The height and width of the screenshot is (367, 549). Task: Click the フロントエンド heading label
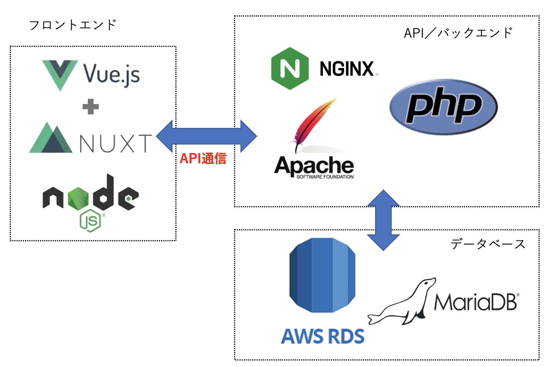click(x=73, y=25)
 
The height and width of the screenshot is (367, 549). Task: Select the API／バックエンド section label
click(x=458, y=33)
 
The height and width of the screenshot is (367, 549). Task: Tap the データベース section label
click(x=488, y=244)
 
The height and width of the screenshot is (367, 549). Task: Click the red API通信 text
click(x=203, y=158)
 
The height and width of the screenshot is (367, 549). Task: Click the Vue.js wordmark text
click(x=111, y=74)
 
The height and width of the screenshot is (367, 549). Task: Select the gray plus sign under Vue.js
click(x=90, y=107)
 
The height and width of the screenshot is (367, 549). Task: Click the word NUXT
click(x=115, y=143)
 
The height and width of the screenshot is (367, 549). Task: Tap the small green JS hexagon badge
click(x=90, y=221)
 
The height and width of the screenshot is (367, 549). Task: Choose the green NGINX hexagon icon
click(x=290, y=68)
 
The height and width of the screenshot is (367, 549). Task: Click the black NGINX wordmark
click(x=347, y=69)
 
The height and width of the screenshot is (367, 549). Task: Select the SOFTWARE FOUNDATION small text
click(x=325, y=177)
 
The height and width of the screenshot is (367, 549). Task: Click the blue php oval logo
click(x=443, y=107)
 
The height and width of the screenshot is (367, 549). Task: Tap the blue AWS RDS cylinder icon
click(x=322, y=275)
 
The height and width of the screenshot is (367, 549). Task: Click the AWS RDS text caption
click(x=323, y=336)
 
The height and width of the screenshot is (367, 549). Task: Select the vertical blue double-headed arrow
click(x=383, y=220)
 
